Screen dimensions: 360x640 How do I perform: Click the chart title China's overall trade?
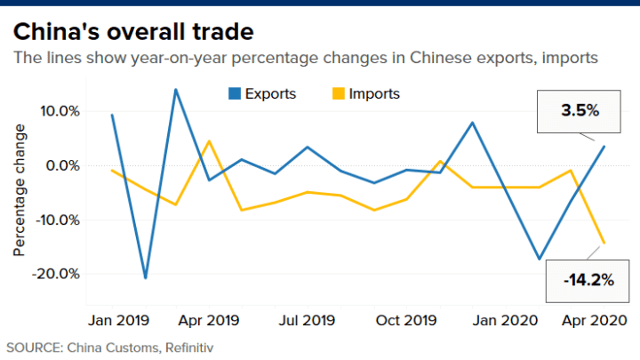[x=132, y=32]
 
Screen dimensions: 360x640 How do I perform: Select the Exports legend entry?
[x=262, y=93]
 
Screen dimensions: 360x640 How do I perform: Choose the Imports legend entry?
[x=365, y=93]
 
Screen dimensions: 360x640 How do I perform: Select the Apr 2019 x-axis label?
[x=209, y=319]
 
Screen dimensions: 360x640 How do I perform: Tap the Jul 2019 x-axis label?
[x=307, y=319]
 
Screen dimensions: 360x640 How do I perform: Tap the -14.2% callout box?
[x=588, y=279]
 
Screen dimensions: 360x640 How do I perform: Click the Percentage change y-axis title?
[x=20, y=191]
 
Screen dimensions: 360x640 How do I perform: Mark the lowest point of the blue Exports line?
[x=145, y=278]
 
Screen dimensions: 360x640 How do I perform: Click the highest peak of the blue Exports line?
[x=176, y=89]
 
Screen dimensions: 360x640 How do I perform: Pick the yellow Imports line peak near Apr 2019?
[x=209, y=141]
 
